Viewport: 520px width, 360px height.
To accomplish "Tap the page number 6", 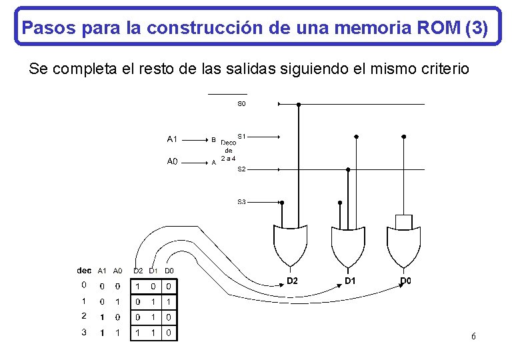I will [473, 336].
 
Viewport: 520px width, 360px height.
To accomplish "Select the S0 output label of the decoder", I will [241, 105].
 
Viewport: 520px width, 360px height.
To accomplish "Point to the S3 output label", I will [241, 201].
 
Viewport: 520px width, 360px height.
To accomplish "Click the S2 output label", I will [241, 170].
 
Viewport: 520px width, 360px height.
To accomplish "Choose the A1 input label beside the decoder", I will [172, 139].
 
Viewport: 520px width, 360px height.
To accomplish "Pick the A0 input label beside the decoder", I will [172, 161].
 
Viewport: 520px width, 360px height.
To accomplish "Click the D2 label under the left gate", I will [292, 281].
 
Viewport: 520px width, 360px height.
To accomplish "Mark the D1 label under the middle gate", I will [350, 281].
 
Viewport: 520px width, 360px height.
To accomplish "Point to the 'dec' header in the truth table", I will [84, 271].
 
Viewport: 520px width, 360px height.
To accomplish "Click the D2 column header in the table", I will [138, 271].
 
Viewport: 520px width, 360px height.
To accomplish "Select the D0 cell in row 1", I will [169, 301].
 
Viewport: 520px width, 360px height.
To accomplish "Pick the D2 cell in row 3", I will [138, 332].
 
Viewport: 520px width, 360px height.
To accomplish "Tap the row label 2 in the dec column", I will [83, 316].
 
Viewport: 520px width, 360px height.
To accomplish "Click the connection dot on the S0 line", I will [299, 105].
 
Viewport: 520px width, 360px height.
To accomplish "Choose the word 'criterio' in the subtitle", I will [446, 69].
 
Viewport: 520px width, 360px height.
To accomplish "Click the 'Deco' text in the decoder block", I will [229, 143].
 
